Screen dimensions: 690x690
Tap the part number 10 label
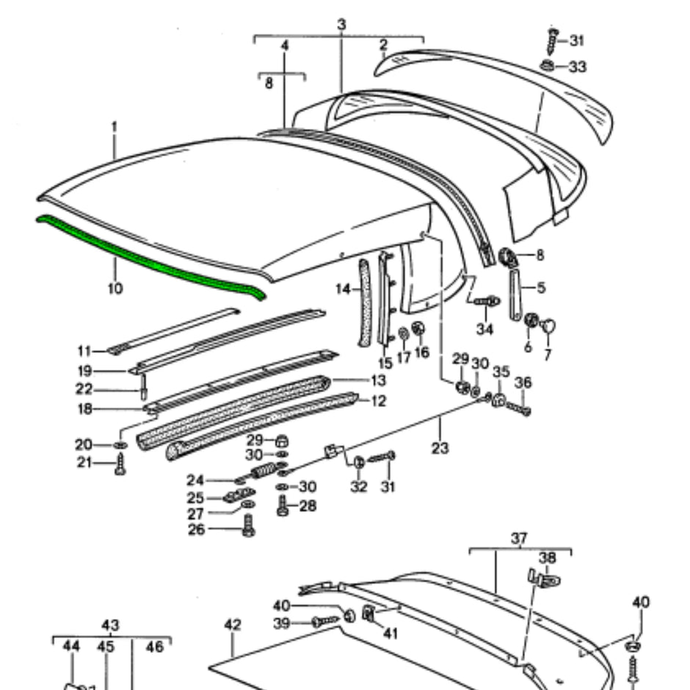(115, 288)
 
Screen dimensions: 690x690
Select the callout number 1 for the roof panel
(115, 127)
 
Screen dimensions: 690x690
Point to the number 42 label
(232, 625)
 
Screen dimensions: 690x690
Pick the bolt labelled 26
(247, 526)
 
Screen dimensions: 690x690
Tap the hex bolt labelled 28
(283, 507)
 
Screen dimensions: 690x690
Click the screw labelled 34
(487, 300)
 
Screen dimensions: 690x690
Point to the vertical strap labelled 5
(515, 294)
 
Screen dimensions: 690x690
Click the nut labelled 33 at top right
(548, 66)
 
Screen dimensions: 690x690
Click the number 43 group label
(110, 625)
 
